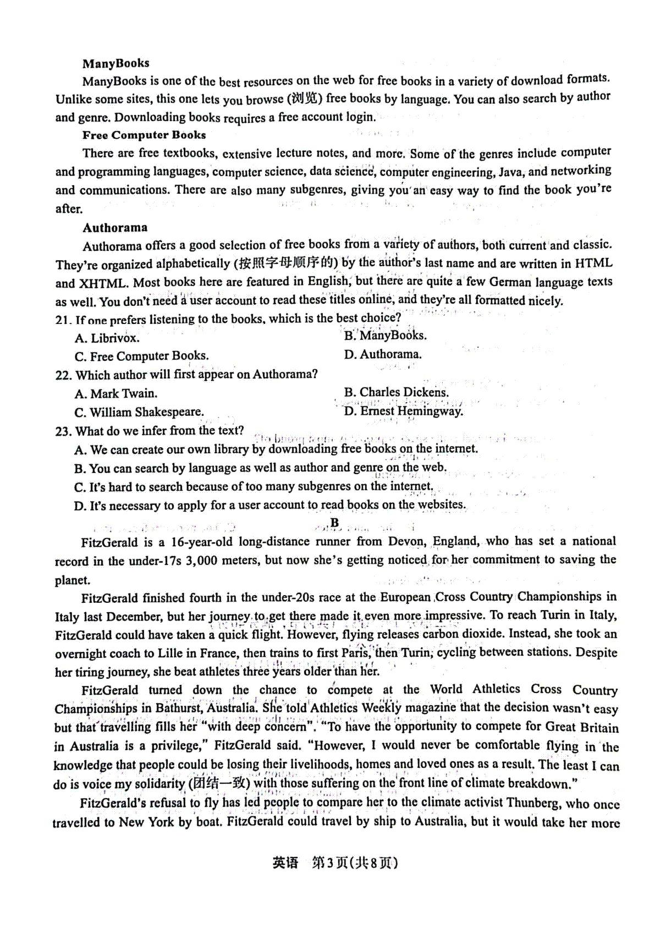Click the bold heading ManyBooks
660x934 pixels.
pyautogui.click(x=116, y=63)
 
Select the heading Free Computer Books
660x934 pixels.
pyautogui.click(x=144, y=135)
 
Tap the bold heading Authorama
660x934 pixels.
pyautogui.click(x=115, y=228)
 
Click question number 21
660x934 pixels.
pyautogui.click(x=63, y=320)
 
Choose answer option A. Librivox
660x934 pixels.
pyautogui.click(x=107, y=338)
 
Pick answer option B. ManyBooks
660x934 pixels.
pyautogui.click(x=385, y=336)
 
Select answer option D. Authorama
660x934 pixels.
pyautogui.click(x=383, y=354)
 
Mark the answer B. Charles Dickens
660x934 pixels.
pyautogui.click(x=396, y=392)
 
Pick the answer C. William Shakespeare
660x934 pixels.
pyautogui.click(x=139, y=413)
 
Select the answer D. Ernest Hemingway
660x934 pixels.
pyautogui.click(x=403, y=411)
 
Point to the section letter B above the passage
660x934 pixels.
pyautogui.click(x=334, y=523)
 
